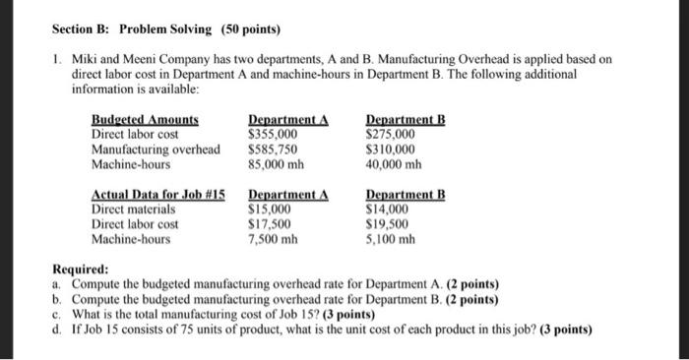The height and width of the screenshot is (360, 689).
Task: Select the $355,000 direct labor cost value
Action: coord(274,134)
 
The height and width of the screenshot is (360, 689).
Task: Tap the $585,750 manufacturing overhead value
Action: coord(274,149)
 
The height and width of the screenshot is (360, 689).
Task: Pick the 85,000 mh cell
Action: coord(277,163)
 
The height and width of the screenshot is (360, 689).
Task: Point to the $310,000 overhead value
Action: coord(390,149)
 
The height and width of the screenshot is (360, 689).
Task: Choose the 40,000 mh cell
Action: coord(393,163)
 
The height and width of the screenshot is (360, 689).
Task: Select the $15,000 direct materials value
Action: coord(271,209)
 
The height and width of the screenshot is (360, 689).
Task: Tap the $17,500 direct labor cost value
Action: coord(271,223)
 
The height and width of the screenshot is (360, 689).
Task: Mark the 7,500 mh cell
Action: coord(274,238)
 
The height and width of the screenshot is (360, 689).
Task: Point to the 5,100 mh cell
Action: coord(390,238)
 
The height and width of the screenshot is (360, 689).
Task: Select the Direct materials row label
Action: coord(133,209)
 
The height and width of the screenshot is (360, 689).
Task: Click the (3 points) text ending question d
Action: coord(564,330)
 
